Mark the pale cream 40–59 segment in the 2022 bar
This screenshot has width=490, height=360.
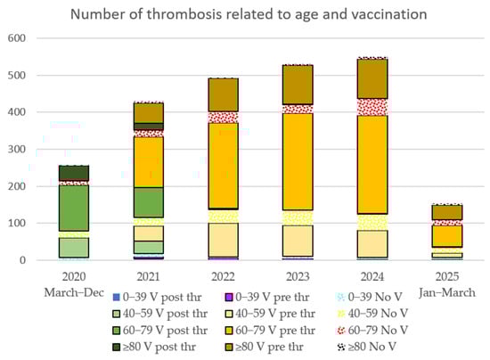pyautogui.click(x=225, y=240)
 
